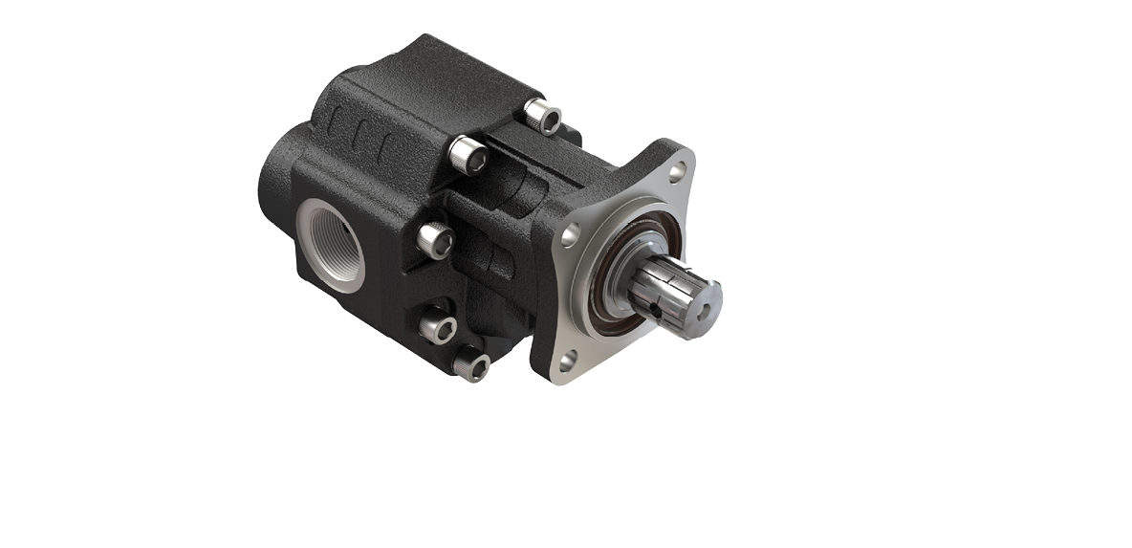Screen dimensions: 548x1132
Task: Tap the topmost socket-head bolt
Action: pos(542,118)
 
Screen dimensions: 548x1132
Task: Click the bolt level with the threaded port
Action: pos(435,240)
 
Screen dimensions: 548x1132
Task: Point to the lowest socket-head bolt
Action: pos(473,363)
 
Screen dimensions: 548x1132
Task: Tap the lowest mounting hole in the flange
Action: pos(570,360)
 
